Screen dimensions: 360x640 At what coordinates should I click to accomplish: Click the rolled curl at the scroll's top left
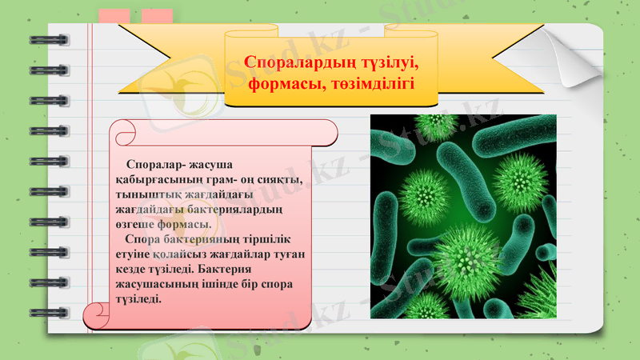(x=122, y=132)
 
